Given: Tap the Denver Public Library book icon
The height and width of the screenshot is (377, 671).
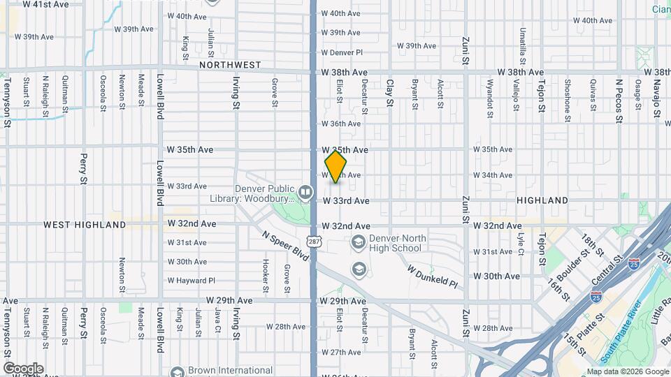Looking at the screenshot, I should [305, 191].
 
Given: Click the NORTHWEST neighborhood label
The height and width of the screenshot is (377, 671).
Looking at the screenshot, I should [230, 65].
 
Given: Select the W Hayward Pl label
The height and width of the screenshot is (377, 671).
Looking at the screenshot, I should [191, 281].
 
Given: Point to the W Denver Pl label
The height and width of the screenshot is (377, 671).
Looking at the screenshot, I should [342, 52].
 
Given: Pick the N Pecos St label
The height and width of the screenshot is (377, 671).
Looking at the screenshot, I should [619, 100].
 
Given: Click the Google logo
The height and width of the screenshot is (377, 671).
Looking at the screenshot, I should [23, 368].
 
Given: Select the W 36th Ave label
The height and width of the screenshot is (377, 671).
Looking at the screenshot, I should [340, 124].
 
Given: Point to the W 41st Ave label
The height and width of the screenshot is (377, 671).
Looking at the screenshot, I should [45, 4].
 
